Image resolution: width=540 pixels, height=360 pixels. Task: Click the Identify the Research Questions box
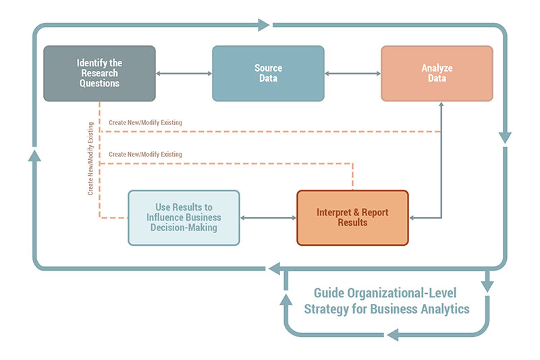click(x=99, y=74)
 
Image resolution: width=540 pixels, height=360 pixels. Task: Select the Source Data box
click(x=268, y=74)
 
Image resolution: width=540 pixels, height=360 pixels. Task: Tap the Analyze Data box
click(x=437, y=74)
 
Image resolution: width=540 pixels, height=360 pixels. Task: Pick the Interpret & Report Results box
click(x=352, y=217)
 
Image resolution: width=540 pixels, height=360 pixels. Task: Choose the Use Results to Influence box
click(x=184, y=217)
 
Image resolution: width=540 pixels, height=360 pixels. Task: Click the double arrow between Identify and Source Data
click(x=184, y=74)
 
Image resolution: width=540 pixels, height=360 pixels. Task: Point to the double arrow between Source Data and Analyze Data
click(x=352, y=74)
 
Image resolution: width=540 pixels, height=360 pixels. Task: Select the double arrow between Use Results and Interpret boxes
click(x=268, y=217)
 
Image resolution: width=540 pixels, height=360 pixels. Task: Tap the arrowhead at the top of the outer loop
click(x=263, y=25)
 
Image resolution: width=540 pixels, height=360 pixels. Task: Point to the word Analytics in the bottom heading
click(x=443, y=309)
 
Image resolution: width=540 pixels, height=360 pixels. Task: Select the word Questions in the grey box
click(x=99, y=83)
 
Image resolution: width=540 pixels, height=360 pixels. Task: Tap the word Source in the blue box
click(x=267, y=68)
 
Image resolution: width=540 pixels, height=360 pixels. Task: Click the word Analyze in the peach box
click(x=437, y=68)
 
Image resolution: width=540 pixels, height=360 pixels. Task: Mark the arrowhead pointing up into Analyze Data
click(x=441, y=106)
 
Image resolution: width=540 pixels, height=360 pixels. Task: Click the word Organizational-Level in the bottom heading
click(x=400, y=293)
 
